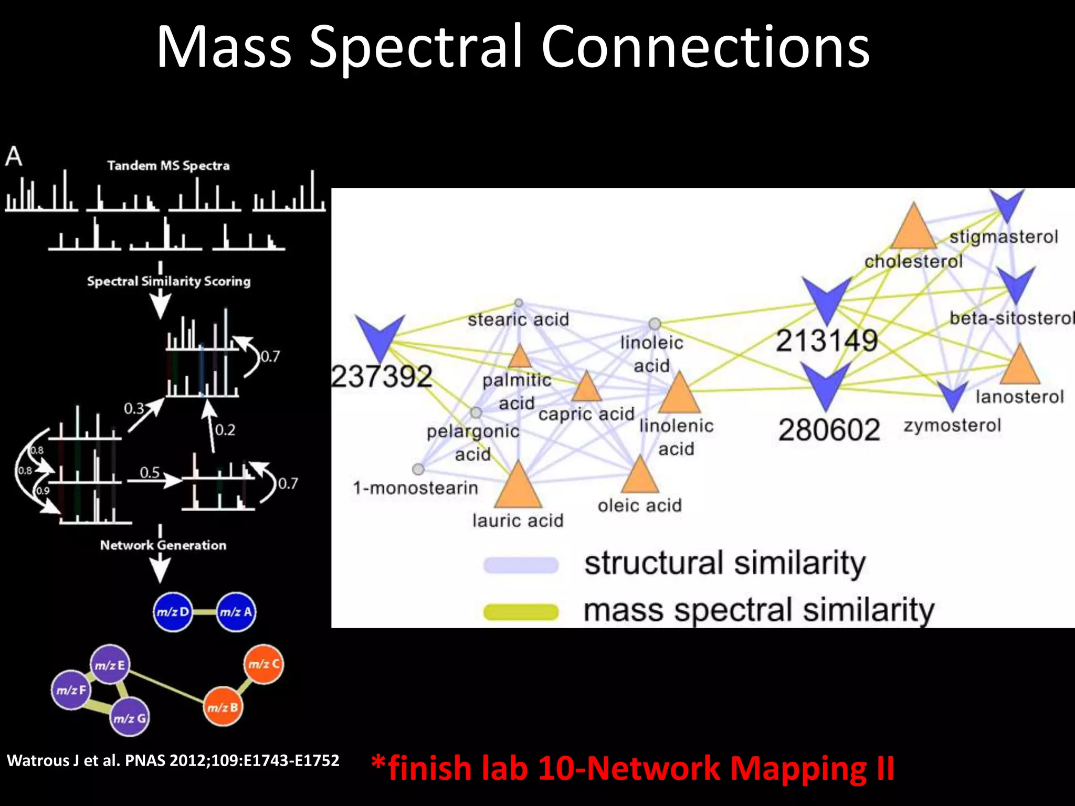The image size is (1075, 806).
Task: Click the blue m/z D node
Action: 173,612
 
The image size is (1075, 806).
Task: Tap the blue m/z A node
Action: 236,612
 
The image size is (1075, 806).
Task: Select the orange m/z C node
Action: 264,664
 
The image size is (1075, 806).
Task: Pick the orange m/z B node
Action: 223,707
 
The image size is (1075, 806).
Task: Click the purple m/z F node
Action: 71,690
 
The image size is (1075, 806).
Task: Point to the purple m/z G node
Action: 130,718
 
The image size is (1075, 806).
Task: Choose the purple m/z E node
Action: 110,665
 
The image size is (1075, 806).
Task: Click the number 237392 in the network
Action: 382,376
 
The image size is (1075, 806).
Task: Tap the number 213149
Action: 827,341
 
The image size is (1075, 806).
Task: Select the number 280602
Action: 829,430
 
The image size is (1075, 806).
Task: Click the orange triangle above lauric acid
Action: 518,485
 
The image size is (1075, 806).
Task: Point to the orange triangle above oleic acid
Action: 639,475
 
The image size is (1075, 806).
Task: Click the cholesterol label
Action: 913,261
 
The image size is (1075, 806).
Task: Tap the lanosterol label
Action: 1019,397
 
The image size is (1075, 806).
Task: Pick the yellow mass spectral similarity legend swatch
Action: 521,612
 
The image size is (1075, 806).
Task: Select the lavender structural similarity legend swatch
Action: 521,565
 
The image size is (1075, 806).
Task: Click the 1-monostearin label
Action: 415,488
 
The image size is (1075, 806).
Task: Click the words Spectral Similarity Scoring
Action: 168,281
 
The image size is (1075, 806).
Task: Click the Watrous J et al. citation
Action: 173,760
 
